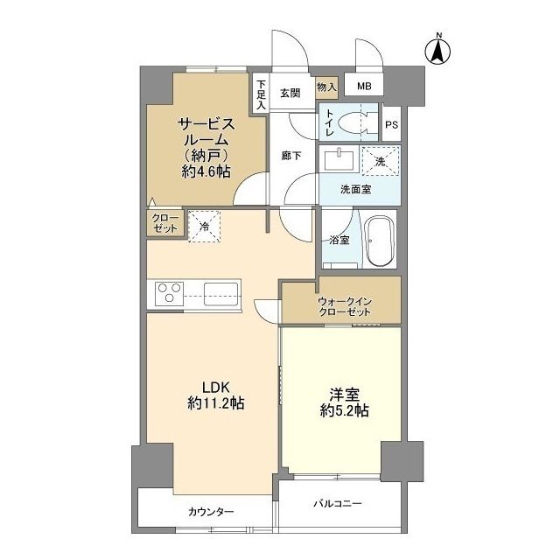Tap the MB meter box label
coord(362,86)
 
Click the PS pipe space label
coord(391,124)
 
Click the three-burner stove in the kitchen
coord(169,292)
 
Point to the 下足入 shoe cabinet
coord(261,94)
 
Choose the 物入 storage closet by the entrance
coord(325,87)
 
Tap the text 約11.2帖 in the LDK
coord(215,403)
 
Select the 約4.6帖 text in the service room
coord(206,171)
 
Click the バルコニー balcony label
coord(339,503)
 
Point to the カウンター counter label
coord(210,512)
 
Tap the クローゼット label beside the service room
coord(164,222)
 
